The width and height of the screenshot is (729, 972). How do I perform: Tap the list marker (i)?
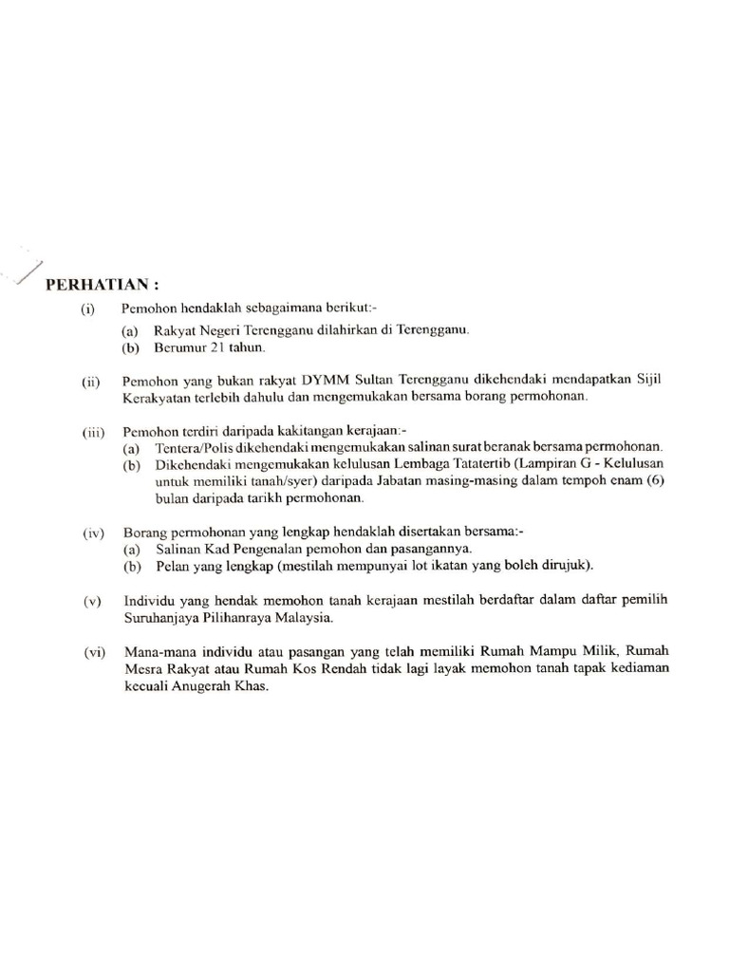click(88, 309)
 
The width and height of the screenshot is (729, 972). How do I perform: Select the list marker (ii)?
click(90, 381)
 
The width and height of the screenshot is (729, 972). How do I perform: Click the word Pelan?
click(159, 567)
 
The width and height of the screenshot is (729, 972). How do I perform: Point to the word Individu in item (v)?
click(150, 601)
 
